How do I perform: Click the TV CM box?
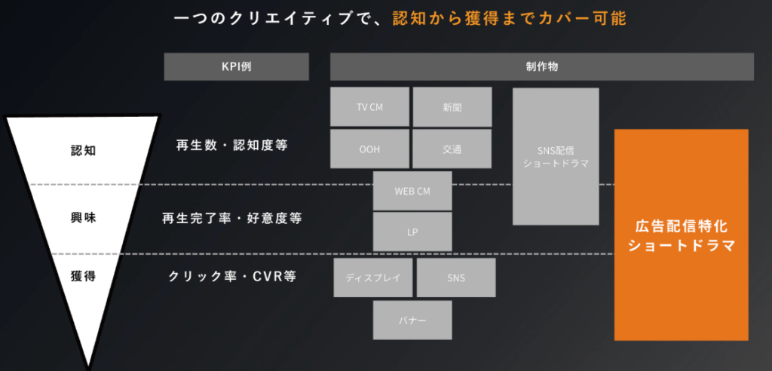tap(369, 107)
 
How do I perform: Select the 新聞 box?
tap(452, 107)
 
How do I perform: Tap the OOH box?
tap(369, 149)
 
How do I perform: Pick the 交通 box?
tap(452, 149)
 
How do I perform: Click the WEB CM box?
tap(412, 191)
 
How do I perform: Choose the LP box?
tap(412, 231)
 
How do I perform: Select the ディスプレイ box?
tap(372, 277)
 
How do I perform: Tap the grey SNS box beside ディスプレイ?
tap(456, 277)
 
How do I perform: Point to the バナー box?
tap(412, 320)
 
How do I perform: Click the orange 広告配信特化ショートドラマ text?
tap(681, 235)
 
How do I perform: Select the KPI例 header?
tap(237, 67)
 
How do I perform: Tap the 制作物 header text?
tap(542, 67)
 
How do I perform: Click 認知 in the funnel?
tap(83, 149)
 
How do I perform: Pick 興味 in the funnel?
tap(83, 218)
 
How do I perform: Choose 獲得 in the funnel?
tap(83, 275)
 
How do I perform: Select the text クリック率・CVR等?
tap(231, 276)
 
